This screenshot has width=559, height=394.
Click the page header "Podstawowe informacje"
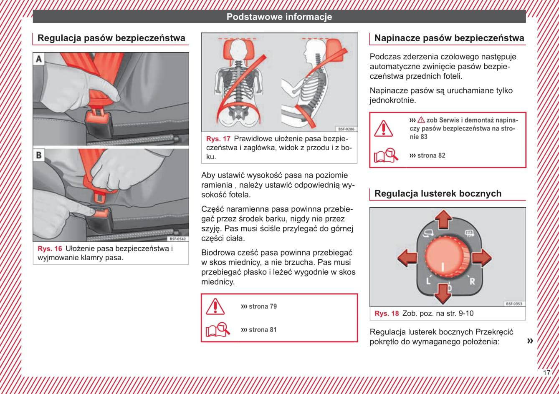279,17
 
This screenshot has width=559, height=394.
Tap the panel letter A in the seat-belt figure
39,59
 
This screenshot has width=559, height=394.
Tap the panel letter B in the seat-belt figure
39,155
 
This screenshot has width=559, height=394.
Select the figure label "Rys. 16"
50,248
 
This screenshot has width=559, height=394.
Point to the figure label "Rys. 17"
218,138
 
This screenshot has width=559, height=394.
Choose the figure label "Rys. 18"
387,313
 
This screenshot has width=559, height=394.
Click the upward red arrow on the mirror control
443,219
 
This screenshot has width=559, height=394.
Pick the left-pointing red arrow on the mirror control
407,258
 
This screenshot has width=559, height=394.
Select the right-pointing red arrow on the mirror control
482,257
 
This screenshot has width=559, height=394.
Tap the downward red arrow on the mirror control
443,294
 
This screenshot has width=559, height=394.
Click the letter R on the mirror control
472,281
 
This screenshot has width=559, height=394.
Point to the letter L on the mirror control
428,281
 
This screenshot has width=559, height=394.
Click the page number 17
546,373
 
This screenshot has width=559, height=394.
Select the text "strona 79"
263,306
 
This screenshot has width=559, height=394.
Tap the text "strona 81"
263,330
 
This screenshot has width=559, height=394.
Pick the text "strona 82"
431,156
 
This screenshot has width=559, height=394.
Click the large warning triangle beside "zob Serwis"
384,128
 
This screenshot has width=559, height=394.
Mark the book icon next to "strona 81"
218,330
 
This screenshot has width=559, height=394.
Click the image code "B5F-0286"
346,129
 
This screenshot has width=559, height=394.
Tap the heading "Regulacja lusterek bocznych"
438,193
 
